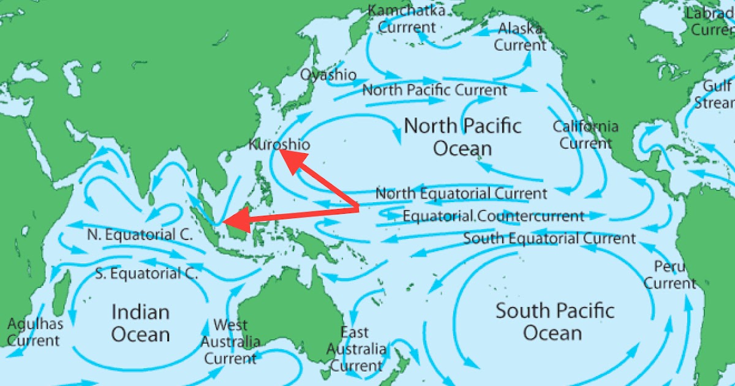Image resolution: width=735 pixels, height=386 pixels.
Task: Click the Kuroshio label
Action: [279, 145]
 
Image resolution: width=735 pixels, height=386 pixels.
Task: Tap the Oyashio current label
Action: [328, 75]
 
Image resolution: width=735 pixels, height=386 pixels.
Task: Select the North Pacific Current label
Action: [435, 91]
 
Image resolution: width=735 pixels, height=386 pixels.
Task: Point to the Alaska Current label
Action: [520, 37]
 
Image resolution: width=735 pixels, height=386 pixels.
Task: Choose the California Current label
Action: [586, 135]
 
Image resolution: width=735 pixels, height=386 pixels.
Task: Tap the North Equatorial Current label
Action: [461, 194]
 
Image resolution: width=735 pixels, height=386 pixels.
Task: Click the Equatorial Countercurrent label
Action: [493, 216]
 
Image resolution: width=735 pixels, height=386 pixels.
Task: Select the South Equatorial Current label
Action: [549, 238]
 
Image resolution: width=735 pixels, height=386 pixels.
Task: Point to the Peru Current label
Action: [669, 275]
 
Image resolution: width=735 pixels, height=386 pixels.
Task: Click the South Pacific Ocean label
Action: [554, 322]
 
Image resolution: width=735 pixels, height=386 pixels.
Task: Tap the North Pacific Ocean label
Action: [463, 137]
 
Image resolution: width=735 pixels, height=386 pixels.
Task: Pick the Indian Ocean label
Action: [140, 323]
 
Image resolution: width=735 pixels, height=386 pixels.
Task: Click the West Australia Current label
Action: [230, 341]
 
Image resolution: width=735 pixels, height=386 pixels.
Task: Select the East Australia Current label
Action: [356, 349]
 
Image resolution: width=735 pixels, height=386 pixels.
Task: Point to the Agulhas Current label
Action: [34, 331]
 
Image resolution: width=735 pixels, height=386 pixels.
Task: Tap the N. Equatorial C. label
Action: [140, 235]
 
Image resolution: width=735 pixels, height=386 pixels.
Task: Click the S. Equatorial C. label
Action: [146, 273]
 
